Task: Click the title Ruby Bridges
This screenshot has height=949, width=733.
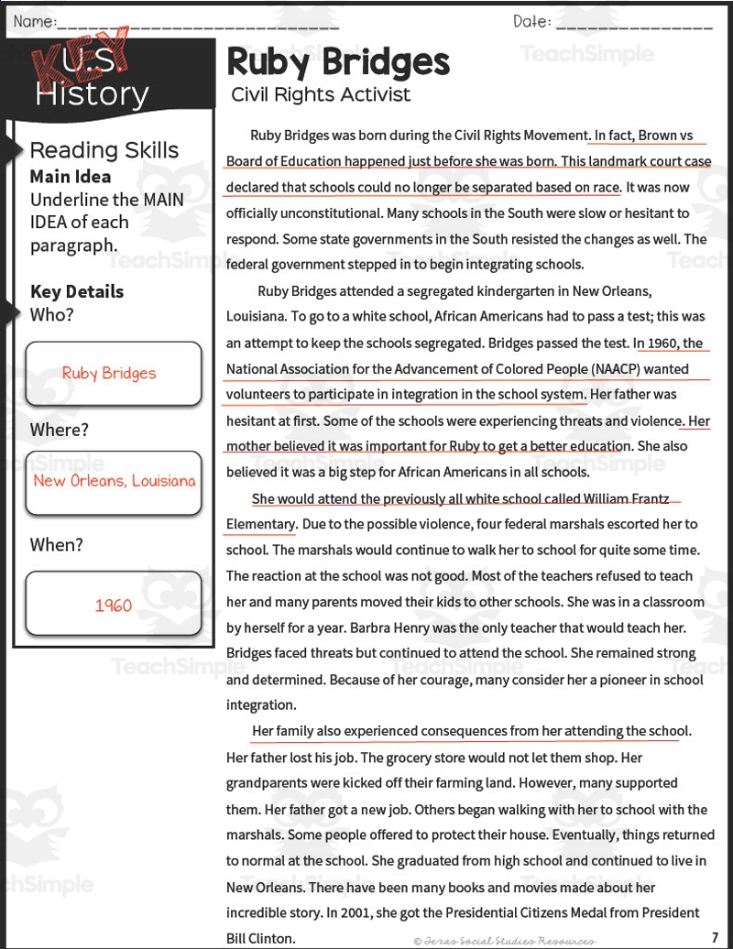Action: pyautogui.click(x=338, y=62)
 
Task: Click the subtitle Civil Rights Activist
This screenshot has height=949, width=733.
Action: pyautogui.click(x=321, y=94)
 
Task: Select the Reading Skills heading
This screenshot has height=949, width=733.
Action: pyautogui.click(x=104, y=150)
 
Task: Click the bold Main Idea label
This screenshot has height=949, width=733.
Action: pyautogui.click(x=71, y=177)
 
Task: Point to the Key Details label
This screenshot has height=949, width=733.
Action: pyautogui.click(x=77, y=291)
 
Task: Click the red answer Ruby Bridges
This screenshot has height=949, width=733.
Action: pyautogui.click(x=109, y=374)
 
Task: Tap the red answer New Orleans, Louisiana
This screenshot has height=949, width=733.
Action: pyautogui.click(x=115, y=481)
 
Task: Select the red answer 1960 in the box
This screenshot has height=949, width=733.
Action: pyautogui.click(x=114, y=605)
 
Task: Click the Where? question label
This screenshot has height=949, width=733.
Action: pyautogui.click(x=60, y=430)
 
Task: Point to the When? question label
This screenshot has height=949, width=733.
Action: pyautogui.click(x=57, y=545)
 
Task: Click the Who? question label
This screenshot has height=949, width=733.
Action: pyautogui.click(x=52, y=315)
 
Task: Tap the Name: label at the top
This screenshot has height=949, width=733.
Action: pyautogui.click(x=35, y=21)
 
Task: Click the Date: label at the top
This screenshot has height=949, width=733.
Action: pyautogui.click(x=532, y=21)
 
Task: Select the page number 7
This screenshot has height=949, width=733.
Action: pyautogui.click(x=714, y=937)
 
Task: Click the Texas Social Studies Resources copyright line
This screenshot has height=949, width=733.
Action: pyautogui.click(x=503, y=940)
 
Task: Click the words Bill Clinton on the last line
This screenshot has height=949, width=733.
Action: pyautogui.click(x=261, y=938)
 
